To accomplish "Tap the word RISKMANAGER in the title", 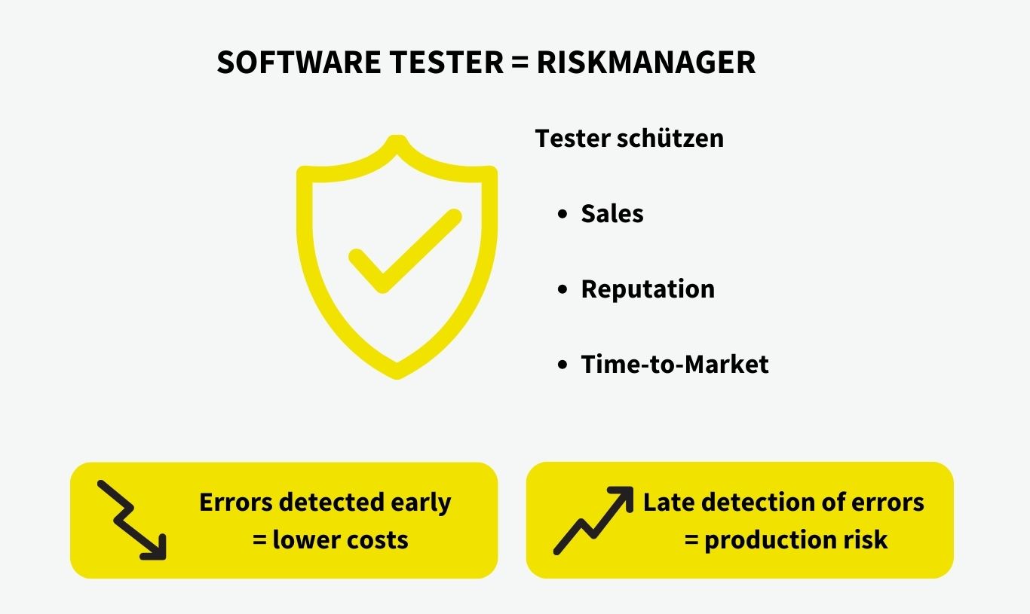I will click(646, 63).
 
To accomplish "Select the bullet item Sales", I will click(612, 214).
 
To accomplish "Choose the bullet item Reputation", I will click(647, 289).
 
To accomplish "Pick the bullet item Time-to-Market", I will click(674, 365).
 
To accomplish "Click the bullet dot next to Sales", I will click(562, 215).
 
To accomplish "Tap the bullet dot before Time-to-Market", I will click(562, 365).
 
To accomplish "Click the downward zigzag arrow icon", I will click(132, 521).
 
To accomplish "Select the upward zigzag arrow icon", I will click(593, 520).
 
